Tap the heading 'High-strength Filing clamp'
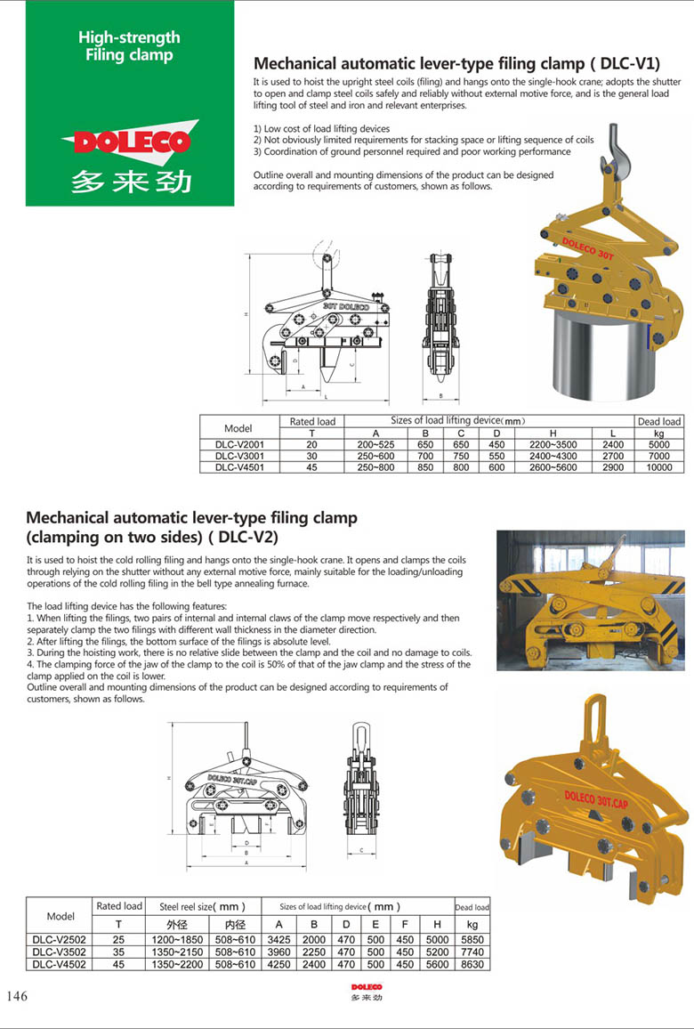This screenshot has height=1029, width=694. pyautogui.click(x=129, y=46)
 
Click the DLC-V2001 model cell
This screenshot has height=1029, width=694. pyautogui.click(x=238, y=444)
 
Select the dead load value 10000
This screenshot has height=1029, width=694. pyautogui.click(x=659, y=466)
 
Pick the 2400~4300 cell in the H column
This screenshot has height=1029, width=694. pyautogui.click(x=553, y=456)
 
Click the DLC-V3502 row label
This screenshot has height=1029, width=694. pyautogui.click(x=60, y=952)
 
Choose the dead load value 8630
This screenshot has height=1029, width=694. pyautogui.click(x=472, y=963)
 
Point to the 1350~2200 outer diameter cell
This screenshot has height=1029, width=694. pyautogui.click(x=178, y=963)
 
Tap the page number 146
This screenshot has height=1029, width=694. pyautogui.click(x=17, y=996)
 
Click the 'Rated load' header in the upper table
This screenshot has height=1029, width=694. pyautogui.click(x=312, y=421)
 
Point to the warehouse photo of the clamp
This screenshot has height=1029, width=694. pyautogui.click(x=590, y=600)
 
